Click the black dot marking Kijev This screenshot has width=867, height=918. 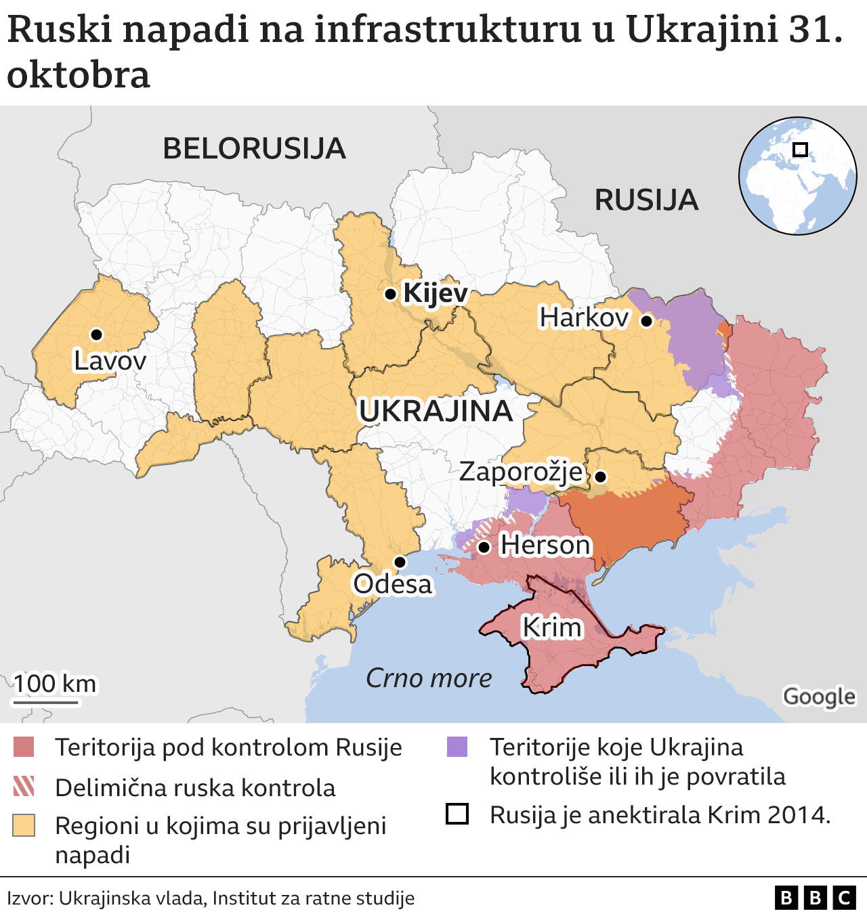[390, 294]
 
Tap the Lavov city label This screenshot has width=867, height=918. [110, 361]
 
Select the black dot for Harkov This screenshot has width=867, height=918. [646, 321]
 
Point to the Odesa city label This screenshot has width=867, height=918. [392, 584]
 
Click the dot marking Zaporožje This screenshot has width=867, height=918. [600, 477]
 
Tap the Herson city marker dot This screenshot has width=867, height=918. [484, 547]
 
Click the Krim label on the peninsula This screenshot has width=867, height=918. [551, 628]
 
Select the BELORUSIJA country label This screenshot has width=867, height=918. [254, 148]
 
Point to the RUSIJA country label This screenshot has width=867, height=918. [646, 200]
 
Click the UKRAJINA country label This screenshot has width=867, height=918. [436, 411]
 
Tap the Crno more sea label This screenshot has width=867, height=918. [429, 678]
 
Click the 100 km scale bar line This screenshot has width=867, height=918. [46, 703]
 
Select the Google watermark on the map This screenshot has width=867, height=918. [819, 696]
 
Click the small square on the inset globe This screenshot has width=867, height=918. [800, 150]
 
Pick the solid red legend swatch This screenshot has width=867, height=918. [24, 747]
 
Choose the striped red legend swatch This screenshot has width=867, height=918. [24, 787]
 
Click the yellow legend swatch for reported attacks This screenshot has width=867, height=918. [24, 826]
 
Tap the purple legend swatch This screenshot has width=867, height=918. [457, 747]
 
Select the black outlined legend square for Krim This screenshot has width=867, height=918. [457, 814]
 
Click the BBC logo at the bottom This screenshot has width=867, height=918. [815, 898]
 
